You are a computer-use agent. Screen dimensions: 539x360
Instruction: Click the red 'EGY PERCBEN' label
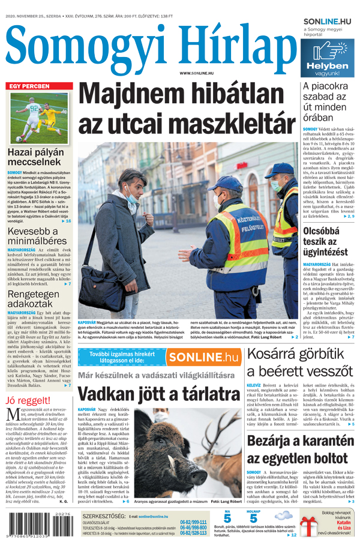point(29,86)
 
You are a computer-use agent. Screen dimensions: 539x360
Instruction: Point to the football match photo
point(39,118)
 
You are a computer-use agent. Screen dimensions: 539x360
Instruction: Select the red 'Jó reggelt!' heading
point(27,400)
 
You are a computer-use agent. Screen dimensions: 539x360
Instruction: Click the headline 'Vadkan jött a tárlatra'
point(158,394)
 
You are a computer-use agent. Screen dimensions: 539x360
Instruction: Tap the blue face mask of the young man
point(131,195)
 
